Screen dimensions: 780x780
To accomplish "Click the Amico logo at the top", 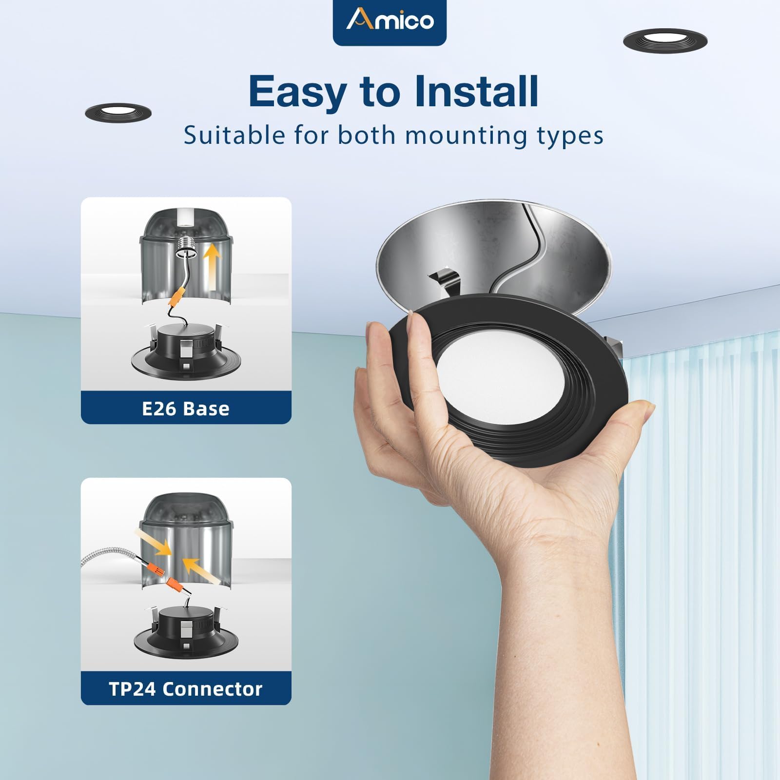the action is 390,20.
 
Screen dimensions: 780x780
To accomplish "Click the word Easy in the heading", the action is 297,93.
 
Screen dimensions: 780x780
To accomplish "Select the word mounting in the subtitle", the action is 466,136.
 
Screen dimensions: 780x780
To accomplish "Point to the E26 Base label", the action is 186,409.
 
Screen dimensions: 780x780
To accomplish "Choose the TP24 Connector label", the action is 186,689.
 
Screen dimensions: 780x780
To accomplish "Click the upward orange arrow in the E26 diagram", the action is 211,268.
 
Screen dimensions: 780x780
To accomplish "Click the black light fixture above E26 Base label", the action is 186,349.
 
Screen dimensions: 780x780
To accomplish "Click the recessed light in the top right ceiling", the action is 665,40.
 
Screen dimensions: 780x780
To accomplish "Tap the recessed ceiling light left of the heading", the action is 118,112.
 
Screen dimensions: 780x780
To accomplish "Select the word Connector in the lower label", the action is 213,689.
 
